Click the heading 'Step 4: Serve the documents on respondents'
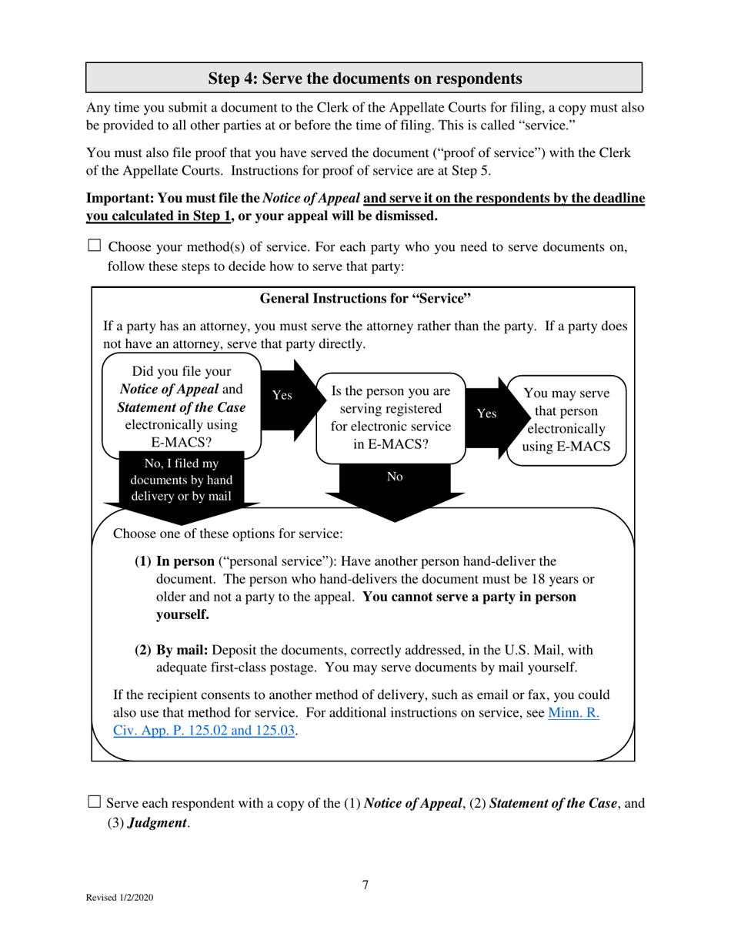click(365, 79)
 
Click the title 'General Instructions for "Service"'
click(365, 299)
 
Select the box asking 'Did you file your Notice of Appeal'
click(182, 407)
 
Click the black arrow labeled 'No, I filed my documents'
click(182, 480)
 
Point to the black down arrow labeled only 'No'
click(394, 485)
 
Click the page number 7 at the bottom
click(365, 885)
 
